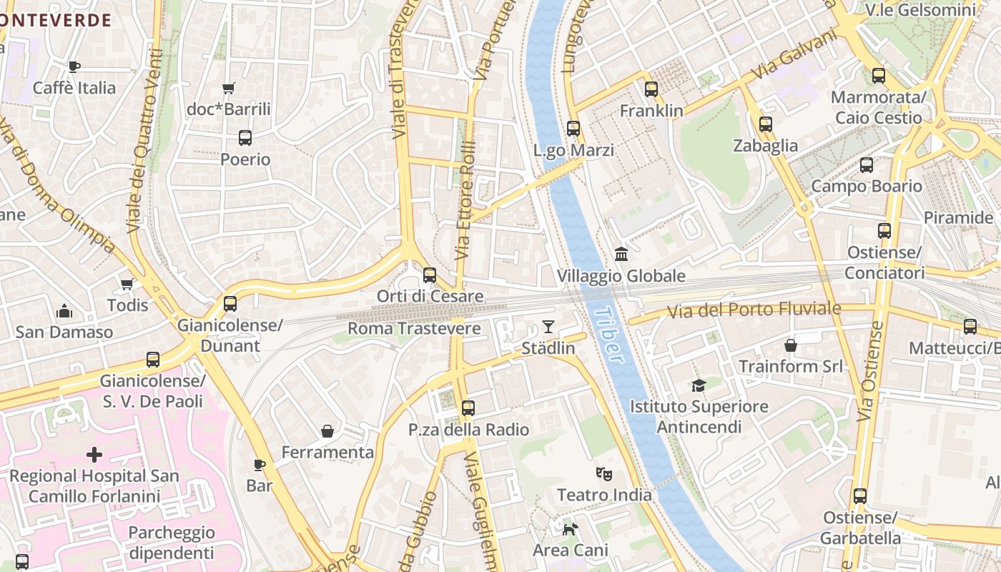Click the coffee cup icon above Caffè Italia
tap(74, 66)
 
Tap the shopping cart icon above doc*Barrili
tap(228, 89)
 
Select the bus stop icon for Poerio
tap(245, 138)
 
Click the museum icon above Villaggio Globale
tap(621, 255)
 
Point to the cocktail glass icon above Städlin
tap(548, 327)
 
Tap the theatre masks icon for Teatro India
tap(604, 473)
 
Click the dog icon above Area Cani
tap(570, 529)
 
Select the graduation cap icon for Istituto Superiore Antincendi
tap(699, 385)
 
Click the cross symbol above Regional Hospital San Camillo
tap(94, 455)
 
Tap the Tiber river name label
tap(609, 335)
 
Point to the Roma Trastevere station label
tap(414, 329)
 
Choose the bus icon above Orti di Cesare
tap(430, 275)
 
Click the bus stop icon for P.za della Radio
tap(468, 408)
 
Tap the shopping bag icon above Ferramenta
tap(327, 431)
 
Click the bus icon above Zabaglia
tap(766, 124)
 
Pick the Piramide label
tap(958, 217)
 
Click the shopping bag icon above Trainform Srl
tap(791, 345)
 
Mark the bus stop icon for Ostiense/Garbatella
tap(860, 495)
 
